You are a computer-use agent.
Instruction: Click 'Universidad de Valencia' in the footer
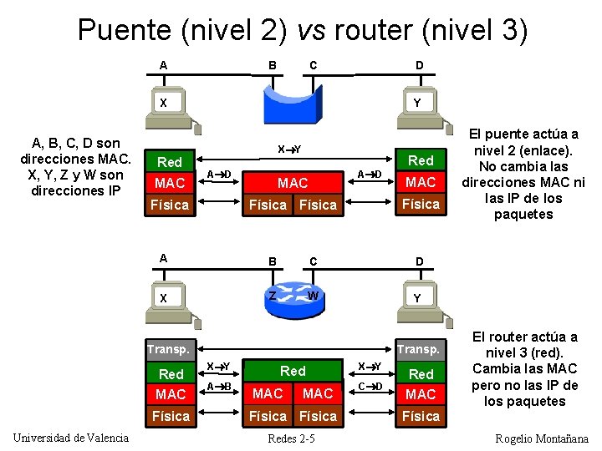(71, 438)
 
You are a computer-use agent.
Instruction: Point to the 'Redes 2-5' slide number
(291, 438)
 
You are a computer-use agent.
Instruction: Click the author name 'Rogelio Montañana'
(542, 438)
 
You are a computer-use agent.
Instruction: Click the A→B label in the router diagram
(219, 386)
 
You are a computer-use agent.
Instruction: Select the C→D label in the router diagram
(370, 386)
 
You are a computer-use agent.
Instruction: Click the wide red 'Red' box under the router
(293, 371)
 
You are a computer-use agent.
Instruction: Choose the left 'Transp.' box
(170, 349)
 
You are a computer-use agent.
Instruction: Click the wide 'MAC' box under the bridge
(293, 182)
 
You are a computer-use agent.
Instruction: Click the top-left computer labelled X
(166, 108)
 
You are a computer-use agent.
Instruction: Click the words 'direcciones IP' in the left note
(74, 190)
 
